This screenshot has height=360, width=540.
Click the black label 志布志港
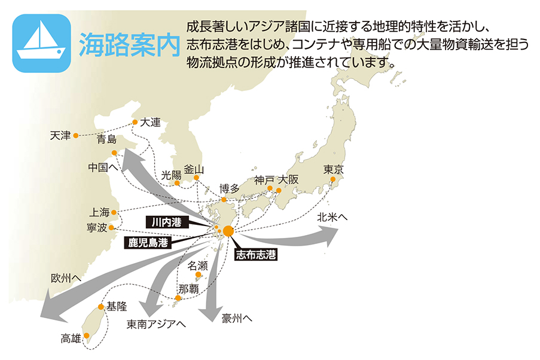(255, 254)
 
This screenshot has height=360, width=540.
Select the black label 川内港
(165, 222)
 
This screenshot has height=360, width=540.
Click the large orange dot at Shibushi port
(228, 231)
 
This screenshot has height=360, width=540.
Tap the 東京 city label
(333, 169)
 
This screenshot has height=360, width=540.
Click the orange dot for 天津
(76, 136)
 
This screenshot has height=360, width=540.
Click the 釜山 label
(194, 169)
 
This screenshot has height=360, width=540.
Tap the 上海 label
(100, 212)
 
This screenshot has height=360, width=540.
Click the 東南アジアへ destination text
(157, 324)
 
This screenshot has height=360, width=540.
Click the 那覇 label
(188, 288)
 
